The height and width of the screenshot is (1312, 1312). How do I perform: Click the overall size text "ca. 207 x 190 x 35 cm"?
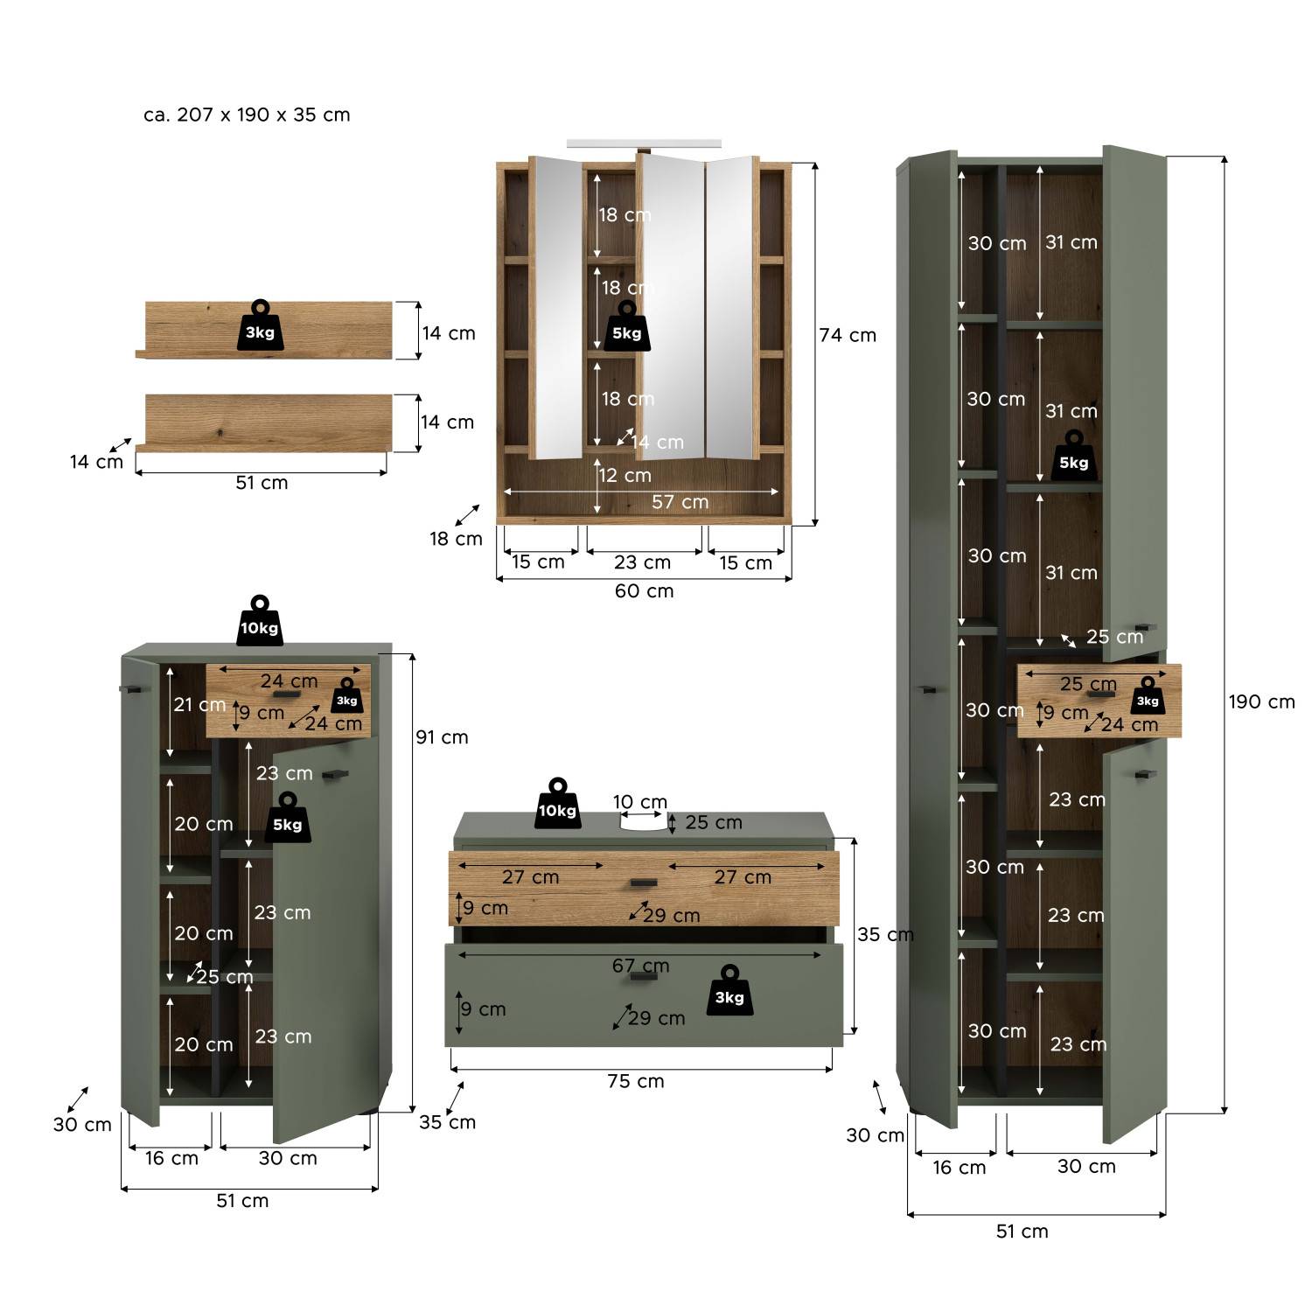pyautogui.click(x=247, y=115)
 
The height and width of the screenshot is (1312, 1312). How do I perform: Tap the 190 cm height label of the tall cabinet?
pyautogui.click(x=1261, y=701)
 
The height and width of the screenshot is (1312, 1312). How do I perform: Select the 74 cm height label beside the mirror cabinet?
pyautogui.click(x=848, y=335)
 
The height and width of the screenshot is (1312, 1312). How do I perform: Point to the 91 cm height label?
pyautogui.click(x=442, y=737)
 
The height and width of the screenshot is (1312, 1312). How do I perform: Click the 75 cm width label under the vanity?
pyautogui.click(x=636, y=1081)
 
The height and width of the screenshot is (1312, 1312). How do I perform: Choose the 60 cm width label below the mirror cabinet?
pyautogui.click(x=645, y=590)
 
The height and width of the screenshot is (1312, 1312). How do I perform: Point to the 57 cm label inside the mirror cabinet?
pyautogui.click(x=680, y=502)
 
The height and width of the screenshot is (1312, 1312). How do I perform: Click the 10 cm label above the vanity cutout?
pyautogui.click(x=640, y=802)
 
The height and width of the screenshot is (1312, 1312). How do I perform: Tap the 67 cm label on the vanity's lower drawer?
pyautogui.click(x=640, y=966)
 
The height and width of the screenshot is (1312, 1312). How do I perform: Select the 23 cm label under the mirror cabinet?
pyautogui.click(x=642, y=562)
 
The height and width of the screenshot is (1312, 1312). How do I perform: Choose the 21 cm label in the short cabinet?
pyautogui.click(x=199, y=704)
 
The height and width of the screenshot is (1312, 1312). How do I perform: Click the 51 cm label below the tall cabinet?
pyautogui.click(x=1022, y=1232)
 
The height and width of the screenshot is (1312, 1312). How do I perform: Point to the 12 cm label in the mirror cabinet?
pyautogui.click(x=625, y=476)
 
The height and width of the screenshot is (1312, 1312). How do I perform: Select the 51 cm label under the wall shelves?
pyautogui.click(x=262, y=483)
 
